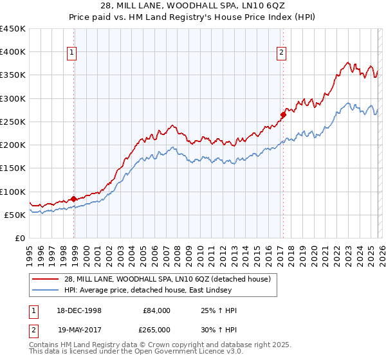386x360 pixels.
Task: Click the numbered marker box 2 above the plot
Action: click(281, 53)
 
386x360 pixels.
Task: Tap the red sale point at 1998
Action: click(74, 199)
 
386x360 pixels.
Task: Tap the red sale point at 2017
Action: click(283, 115)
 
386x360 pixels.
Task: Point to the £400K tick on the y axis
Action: click(13, 52)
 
